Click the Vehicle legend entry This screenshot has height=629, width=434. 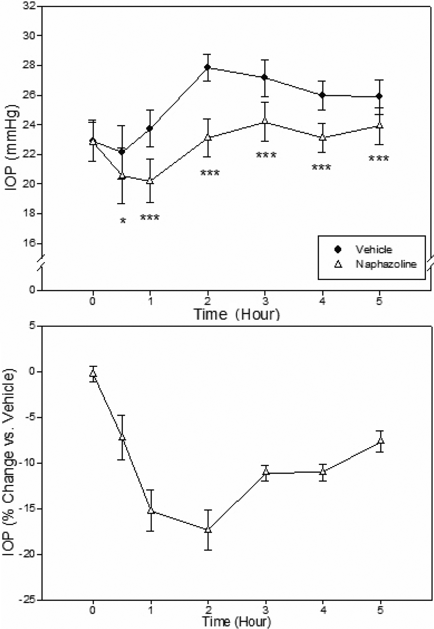tap(373, 249)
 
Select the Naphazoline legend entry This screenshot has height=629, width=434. tap(386, 264)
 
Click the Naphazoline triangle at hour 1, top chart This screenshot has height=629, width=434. tap(150, 181)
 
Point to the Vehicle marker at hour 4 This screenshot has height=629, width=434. tap(322, 95)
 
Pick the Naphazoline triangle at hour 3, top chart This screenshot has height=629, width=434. tap(265, 121)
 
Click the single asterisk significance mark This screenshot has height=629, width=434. tap(123, 221)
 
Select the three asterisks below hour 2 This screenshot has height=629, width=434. tap(210, 173)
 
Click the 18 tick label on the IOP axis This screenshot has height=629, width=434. tap(31, 214)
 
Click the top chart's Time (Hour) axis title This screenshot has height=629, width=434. tap(236, 314)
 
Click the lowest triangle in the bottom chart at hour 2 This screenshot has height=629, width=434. tap(208, 529)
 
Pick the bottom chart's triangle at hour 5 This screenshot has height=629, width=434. tap(380, 440)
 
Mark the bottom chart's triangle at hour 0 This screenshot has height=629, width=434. tap(93, 373)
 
